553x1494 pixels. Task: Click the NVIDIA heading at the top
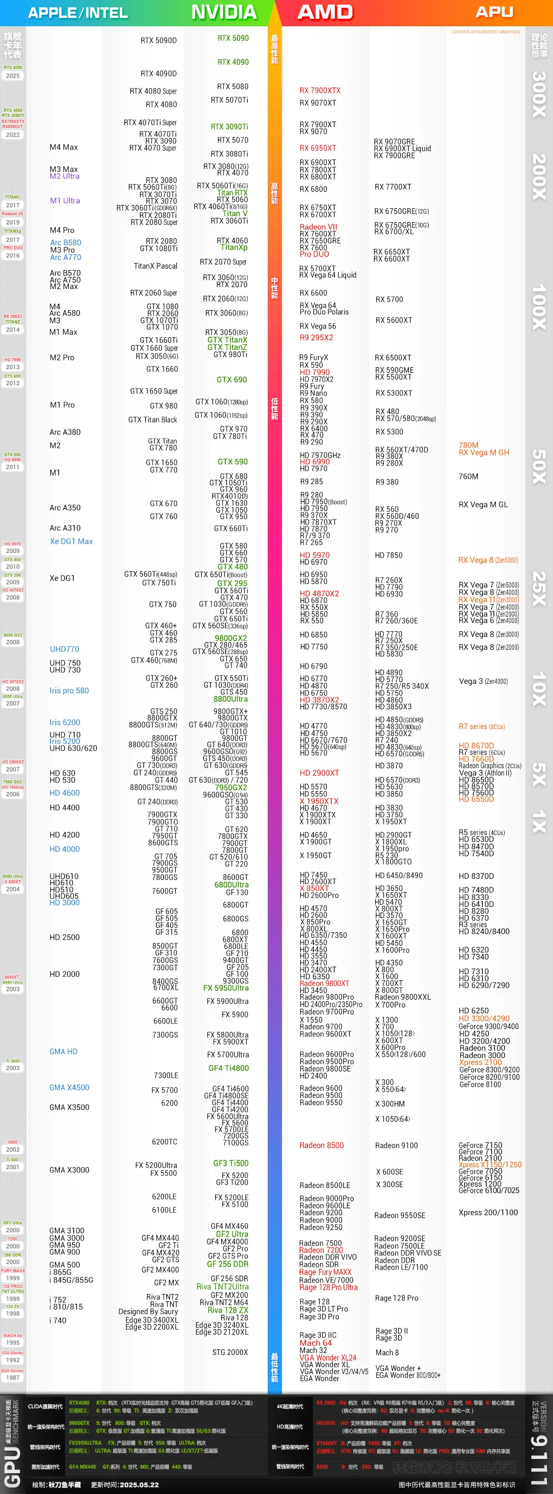coord(224,12)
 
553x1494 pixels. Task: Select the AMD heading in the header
coord(325,12)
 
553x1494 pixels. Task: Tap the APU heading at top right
coord(494,12)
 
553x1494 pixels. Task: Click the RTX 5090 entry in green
coord(233,38)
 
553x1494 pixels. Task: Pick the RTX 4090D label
coord(159,74)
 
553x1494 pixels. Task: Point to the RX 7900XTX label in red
coord(320,90)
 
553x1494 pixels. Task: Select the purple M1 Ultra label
coord(65,200)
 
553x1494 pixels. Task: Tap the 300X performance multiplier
coord(539,94)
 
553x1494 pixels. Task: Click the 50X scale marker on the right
coord(539,466)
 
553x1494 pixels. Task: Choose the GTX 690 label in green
coord(231,380)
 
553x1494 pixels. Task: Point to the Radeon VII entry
coord(318,227)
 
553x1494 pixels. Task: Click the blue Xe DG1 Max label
coord(71,541)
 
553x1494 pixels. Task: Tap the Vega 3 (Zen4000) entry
coord(483,682)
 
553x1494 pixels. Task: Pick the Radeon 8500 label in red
coord(322,1146)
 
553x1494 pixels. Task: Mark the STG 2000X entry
coord(230,1352)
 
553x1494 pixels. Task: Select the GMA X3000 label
coord(69,1170)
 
